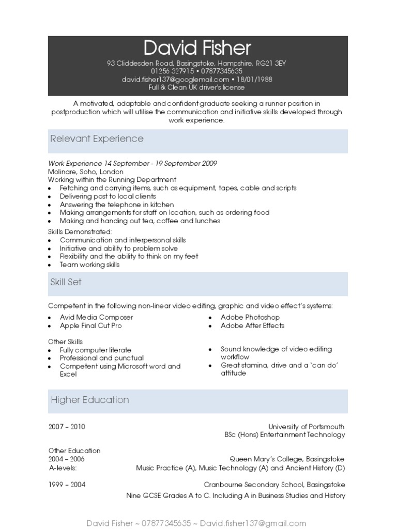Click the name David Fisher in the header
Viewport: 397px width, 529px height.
pos(197,48)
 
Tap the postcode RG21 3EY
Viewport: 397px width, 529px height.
pos(274,64)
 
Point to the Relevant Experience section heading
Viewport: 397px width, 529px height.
pos(97,139)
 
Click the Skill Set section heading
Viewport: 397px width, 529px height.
pos(66,282)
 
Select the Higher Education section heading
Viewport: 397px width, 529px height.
pos(89,400)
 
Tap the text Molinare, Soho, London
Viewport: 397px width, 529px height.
pos(86,172)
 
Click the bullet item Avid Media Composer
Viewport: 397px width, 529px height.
pos(96,317)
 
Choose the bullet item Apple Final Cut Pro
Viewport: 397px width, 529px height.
pos(91,325)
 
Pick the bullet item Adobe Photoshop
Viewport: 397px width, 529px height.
pos(250,317)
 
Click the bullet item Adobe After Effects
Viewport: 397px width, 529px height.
pos(252,325)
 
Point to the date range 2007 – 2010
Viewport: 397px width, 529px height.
pos(67,427)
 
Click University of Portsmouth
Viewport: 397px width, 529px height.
pos(306,427)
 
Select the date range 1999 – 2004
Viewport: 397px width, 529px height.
pos(67,485)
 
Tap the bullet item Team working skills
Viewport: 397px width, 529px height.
pos(89,264)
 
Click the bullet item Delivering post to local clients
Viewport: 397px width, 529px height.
pos(108,196)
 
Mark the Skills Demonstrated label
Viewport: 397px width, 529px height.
pos(80,231)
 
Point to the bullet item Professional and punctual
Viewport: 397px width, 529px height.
pos(102,358)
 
